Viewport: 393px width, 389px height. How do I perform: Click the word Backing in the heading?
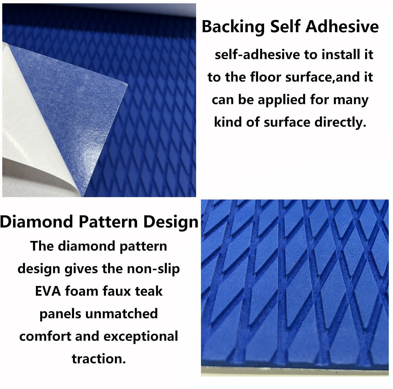click(x=233, y=27)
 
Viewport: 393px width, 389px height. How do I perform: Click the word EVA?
click(x=48, y=291)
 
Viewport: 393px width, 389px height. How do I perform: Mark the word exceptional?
click(x=141, y=336)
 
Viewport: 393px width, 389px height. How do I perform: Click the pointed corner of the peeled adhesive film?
click(x=127, y=86)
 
